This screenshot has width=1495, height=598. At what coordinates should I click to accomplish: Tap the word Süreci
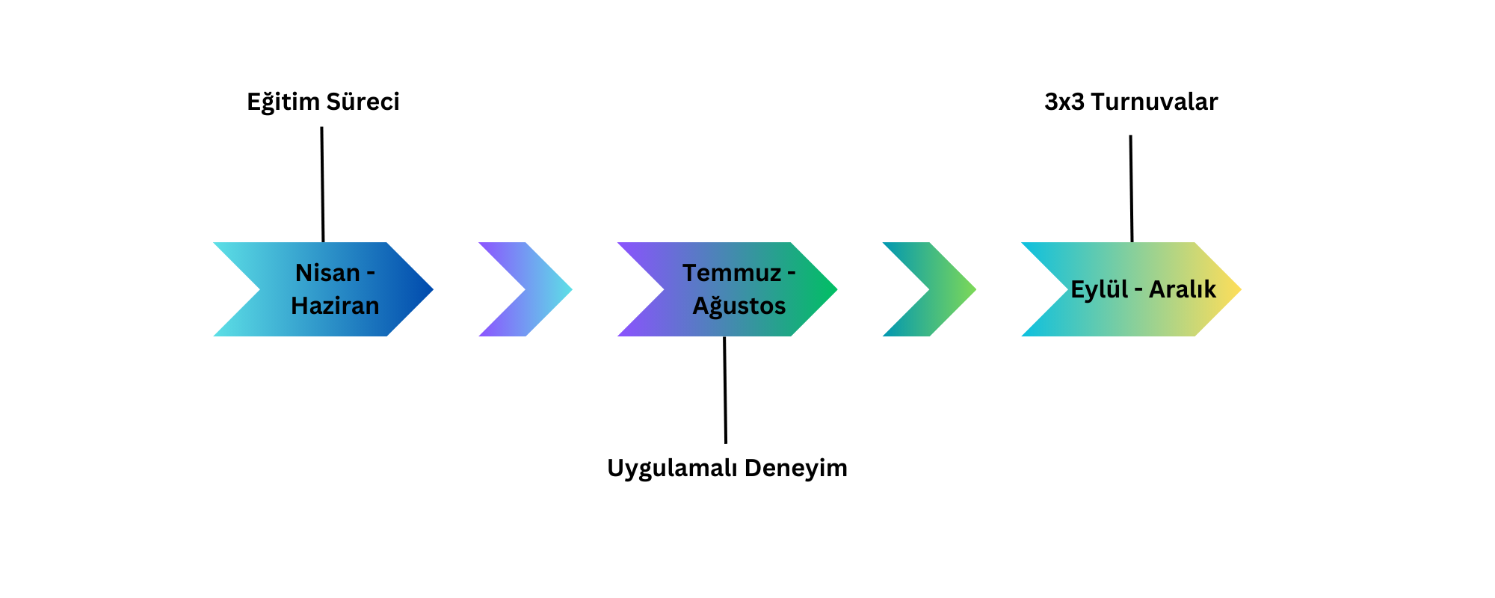tap(362, 102)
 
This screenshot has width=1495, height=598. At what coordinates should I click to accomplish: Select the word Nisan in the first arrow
tap(327, 273)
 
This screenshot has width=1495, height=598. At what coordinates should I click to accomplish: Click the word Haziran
tap(335, 306)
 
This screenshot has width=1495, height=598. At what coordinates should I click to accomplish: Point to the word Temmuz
tap(732, 273)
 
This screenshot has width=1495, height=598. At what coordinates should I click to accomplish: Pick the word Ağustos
tap(739, 306)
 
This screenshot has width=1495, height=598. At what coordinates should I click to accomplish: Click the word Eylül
tap(1100, 289)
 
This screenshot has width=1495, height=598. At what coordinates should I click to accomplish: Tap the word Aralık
tap(1183, 289)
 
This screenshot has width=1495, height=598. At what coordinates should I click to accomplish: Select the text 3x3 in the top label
tap(1064, 102)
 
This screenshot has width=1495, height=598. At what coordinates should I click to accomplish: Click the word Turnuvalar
tap(1154, 102)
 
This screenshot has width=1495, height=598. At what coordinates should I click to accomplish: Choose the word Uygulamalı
tap(673, 469)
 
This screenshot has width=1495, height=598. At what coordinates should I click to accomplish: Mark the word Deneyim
tap(796, 469)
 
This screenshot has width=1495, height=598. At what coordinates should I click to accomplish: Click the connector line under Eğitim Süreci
tap(322, 185)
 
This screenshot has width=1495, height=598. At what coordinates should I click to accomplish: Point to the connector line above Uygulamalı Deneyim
tap(725, 390)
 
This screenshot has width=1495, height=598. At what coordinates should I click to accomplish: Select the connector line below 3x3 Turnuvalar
tap(1131, 188)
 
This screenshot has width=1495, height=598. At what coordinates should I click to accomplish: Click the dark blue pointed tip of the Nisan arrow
tap(432, 289)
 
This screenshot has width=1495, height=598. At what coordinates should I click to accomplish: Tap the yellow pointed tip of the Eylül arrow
tap(1240, 289)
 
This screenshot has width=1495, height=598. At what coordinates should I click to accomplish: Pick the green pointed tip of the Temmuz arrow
tap(836, 289)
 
